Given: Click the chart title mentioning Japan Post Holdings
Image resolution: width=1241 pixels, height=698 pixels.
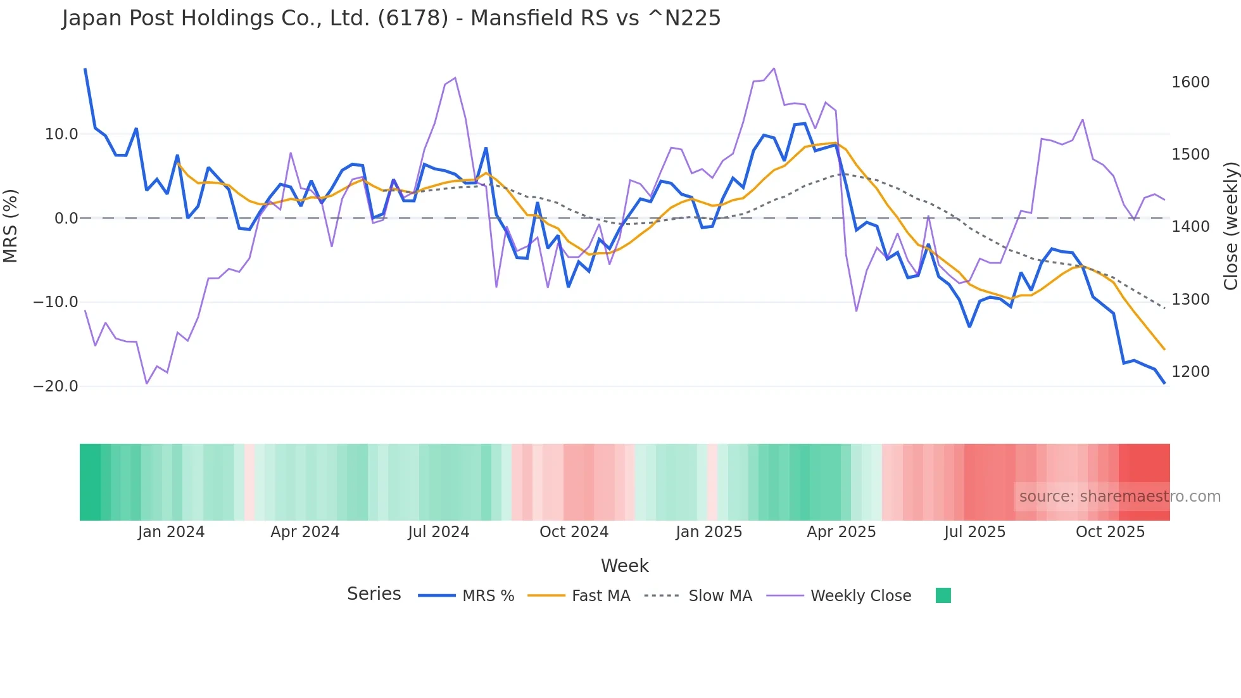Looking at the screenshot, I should pyautogui.click(x=391, y=18).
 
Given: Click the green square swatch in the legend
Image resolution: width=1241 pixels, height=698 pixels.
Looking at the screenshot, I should pyautogui.click(x=943, y=595).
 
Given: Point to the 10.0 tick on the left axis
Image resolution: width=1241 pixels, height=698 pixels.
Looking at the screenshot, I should pyautogui.click(x=61, y=134).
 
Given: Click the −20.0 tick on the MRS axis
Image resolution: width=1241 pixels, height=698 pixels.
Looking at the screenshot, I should pyautogui.click(x=56, y=386).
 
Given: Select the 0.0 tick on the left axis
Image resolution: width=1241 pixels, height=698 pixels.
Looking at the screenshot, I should pyautogui.click(x=66, y=219).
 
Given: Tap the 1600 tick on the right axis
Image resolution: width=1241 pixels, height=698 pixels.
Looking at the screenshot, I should pyautogui.click(x=1190, y=82).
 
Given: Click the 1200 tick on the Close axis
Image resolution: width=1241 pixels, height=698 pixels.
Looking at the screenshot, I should pyautogui.click(x=1190, y=372).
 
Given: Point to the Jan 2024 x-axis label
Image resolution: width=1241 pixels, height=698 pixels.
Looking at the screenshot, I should pyautogui.click(x=171, y=532).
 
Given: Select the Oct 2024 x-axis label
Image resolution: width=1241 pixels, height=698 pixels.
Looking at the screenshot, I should pyautogui.click(x=574, y=532).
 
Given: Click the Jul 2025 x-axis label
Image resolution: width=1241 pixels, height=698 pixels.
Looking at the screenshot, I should pyautogui.click(x=974, y=532).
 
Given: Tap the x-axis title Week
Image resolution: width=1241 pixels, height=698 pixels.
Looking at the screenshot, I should pyautogui.click(x=624, y=566).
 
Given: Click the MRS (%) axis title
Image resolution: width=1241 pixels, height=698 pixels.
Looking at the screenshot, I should pyautogui.click(x=11, y=225).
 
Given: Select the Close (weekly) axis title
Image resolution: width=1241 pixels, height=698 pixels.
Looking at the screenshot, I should pyautogui.click(x=1230, y=226).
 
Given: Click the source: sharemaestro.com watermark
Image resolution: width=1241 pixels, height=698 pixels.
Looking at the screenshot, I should pyautogui.click(x=1119, y=497).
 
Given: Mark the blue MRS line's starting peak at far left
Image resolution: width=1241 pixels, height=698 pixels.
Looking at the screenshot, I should pyautogui.click(x=85, y=69).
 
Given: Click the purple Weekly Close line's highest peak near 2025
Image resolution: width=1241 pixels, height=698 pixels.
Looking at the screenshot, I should pyautogui.click(x=774, y=68).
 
